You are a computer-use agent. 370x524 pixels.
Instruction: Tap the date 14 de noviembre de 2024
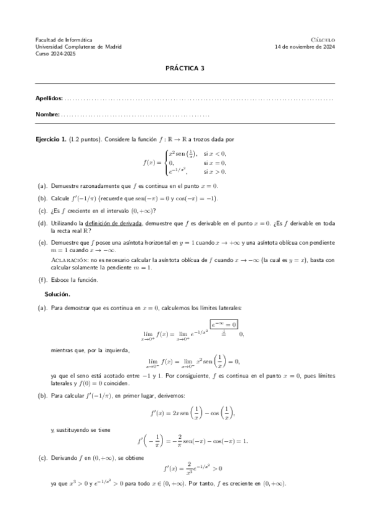305,46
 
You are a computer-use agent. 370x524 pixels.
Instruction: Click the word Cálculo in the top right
322,39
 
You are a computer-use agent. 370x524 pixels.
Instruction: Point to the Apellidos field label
49,98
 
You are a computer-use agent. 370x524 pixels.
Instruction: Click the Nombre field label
48,114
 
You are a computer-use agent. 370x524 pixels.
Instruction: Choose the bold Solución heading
57,294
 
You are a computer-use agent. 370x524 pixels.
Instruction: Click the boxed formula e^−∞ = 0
224,324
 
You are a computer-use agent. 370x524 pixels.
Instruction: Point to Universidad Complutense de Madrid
78,46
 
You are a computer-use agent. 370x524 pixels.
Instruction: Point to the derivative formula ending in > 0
185,468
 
